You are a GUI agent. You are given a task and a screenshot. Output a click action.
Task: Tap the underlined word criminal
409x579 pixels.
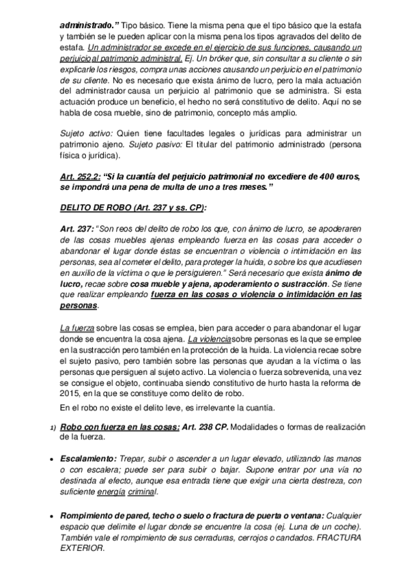(143, 491)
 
